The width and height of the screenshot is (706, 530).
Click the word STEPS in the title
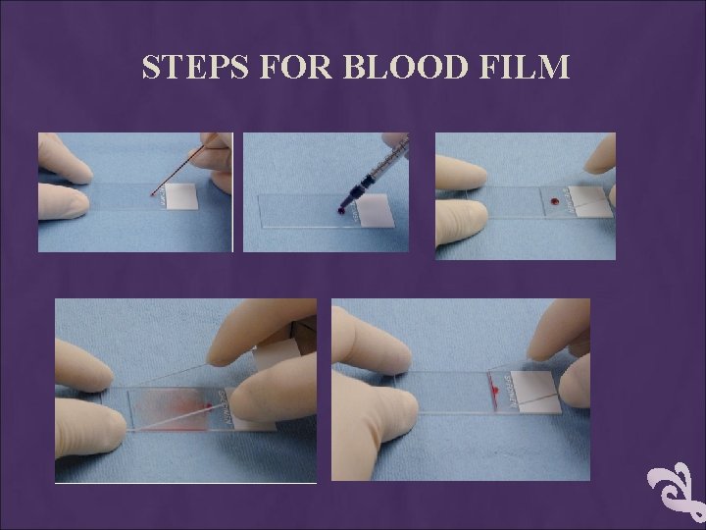[195, 67]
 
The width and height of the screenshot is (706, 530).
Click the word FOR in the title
[296, 67]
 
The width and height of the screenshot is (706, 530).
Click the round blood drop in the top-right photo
[554, 201]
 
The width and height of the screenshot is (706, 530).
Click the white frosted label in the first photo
[181, 196]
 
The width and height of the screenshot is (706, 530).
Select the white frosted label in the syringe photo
[375, 211]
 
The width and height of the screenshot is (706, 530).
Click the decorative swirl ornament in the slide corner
[677, 493]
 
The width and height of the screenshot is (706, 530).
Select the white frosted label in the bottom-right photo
[535, 392]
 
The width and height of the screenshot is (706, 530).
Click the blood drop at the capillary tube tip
[153, 194]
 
